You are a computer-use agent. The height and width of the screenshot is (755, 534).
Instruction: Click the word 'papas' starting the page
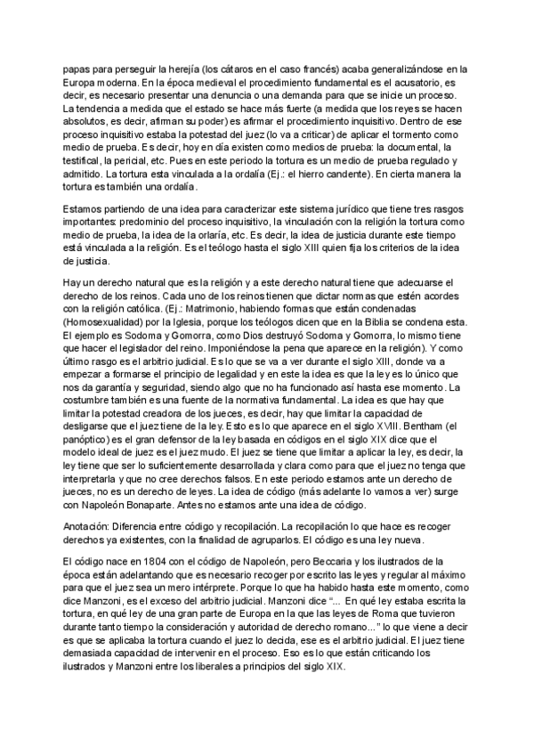tap(77, 68)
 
